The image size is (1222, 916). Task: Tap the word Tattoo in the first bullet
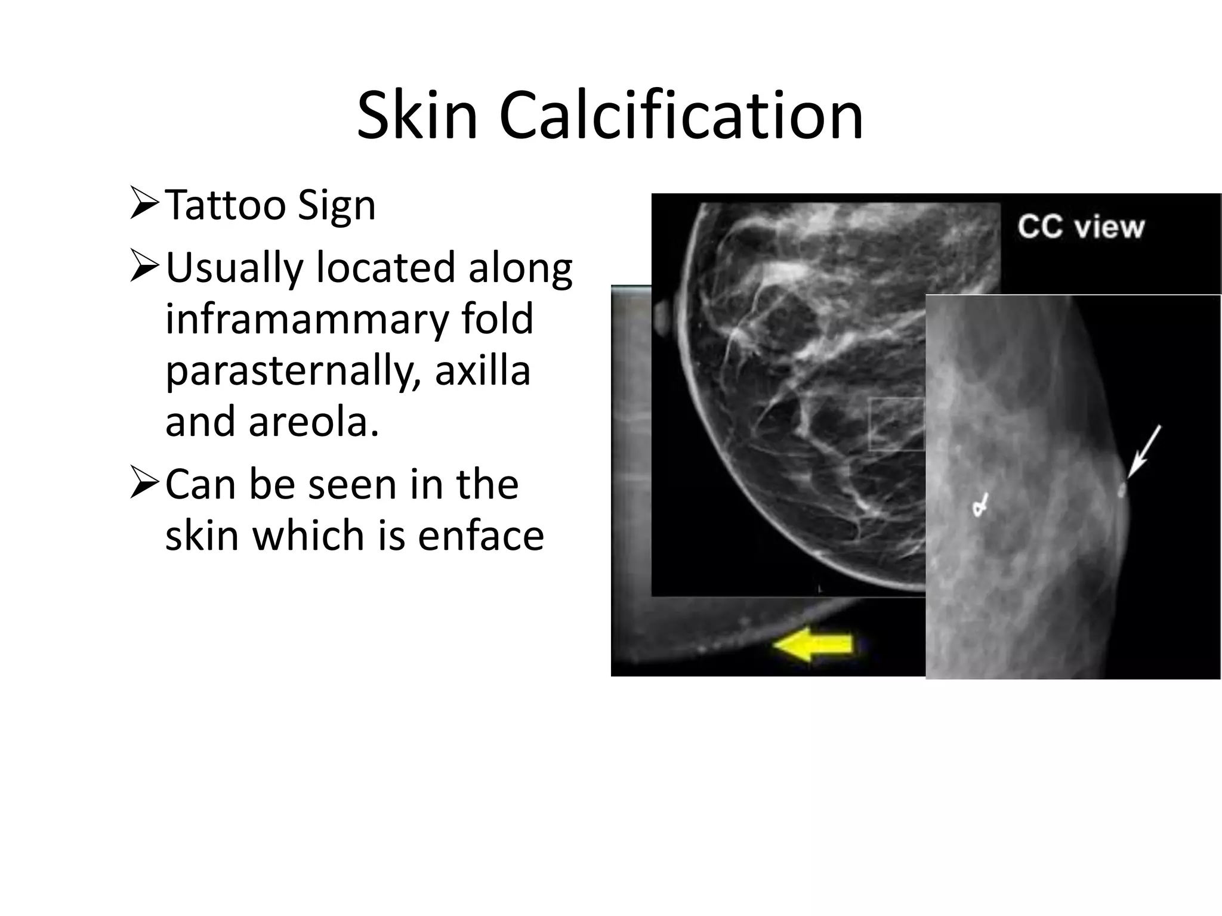coord(225,206)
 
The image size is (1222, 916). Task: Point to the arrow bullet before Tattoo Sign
coord(144,203)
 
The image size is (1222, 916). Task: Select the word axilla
coord(482,370)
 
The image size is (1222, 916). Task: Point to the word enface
coord(481,535)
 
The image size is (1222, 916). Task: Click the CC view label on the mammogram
coord(1081,227)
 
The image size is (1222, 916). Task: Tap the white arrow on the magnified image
coord(1144,451)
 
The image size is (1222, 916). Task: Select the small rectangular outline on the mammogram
coord(897,424)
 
